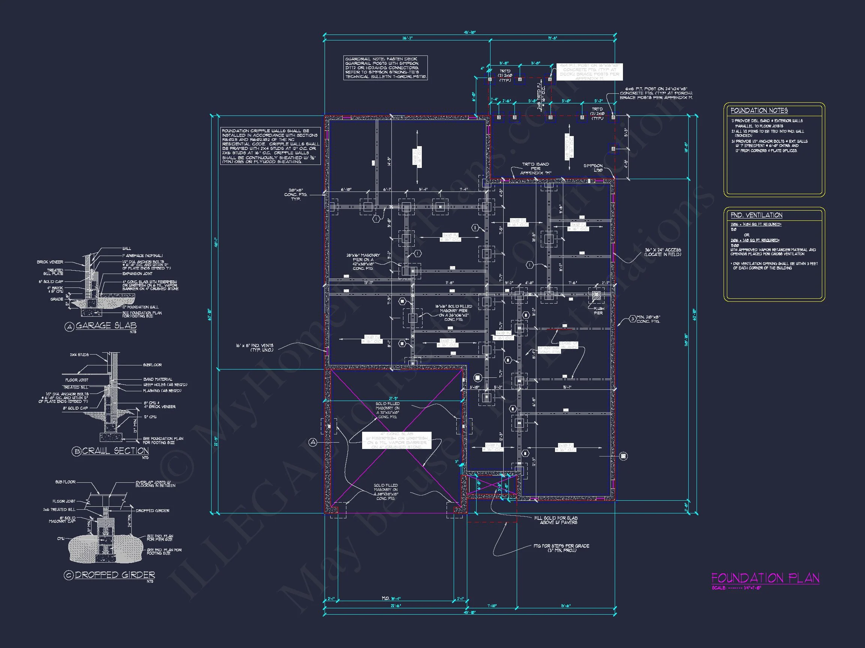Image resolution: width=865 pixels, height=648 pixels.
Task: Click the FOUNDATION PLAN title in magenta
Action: [765, 578]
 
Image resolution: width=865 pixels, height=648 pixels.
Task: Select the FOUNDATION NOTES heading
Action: [759, 111]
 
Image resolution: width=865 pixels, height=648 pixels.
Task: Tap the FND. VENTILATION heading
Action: [756, 215]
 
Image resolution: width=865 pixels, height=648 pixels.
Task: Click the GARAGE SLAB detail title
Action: [105, 325]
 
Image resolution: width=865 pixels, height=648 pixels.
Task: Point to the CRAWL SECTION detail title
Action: [115, 451]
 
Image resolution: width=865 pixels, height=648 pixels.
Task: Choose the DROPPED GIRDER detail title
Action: [114, 575]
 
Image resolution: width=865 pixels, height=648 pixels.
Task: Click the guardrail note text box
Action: [385, 68]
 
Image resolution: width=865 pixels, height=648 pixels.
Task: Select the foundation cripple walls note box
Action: [270, 146]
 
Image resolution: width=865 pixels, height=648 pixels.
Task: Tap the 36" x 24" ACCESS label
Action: [662, 252]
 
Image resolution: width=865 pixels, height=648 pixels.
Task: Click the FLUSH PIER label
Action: [598, 311]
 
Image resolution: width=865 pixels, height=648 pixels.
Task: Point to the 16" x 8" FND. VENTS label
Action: [254, 348]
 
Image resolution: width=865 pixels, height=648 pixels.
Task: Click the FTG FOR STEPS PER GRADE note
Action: [561, 548]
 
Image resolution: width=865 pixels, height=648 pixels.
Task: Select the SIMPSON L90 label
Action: [593, 168]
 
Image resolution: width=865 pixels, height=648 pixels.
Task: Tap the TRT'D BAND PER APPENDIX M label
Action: [536, 168]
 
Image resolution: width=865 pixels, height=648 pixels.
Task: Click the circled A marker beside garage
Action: [313, 442]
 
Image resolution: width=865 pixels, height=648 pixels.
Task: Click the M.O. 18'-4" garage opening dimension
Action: [391, 599]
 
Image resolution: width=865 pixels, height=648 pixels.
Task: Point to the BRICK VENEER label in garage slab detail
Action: [50, 262]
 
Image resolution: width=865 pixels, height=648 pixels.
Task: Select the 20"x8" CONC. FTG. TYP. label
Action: [296, 195]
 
